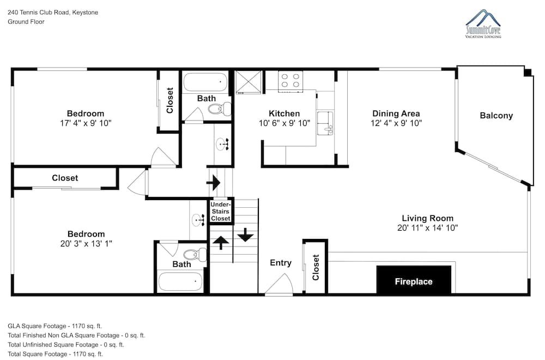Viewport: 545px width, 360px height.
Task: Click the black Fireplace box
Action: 414,280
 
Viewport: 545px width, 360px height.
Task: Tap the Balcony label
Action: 496,116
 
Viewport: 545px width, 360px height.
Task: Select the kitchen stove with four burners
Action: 290,81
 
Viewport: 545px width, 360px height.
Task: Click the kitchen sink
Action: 325,123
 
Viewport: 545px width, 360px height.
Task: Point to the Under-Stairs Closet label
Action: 220,211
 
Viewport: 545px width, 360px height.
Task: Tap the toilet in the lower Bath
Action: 195,255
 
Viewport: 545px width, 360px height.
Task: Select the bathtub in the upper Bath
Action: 205,82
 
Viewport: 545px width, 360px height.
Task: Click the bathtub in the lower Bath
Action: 180,281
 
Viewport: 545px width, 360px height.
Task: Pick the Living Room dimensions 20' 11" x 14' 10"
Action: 427,228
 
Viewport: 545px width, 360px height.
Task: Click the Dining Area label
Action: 396,113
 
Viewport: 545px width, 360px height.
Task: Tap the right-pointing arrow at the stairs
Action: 214,182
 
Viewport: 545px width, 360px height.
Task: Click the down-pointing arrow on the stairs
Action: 245,235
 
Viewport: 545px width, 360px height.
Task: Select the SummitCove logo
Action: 483,23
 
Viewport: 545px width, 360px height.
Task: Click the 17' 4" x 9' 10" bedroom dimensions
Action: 86,123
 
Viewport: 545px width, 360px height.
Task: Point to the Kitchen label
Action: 284,114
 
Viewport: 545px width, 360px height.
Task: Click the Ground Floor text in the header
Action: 26,22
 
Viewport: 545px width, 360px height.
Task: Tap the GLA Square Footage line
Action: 55,326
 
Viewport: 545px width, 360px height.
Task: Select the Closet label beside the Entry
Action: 316,267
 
